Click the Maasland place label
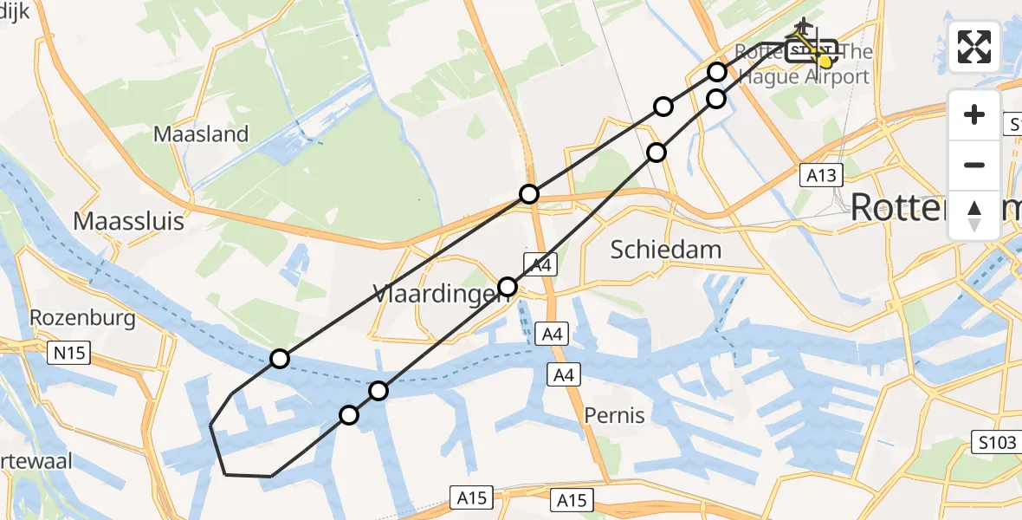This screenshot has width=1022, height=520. tap(201, 134)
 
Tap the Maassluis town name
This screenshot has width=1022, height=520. tap(129, 221)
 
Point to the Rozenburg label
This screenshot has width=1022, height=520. tap(82, 318)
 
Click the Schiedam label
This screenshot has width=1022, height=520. tap(666, 250)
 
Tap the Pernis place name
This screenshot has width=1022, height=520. tap(614, 415)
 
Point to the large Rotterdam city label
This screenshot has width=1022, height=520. tap(931, 208)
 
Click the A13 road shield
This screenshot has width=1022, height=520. tap(820, 176)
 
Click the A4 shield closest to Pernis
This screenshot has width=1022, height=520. tap(564, 374)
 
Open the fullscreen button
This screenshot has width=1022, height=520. tap(974, 47)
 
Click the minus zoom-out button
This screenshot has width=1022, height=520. tap(974, 165)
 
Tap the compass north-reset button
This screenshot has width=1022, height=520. tap(974, 215)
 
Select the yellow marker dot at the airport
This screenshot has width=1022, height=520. tap(825, 62)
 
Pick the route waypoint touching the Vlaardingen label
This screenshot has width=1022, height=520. tap(508, 287)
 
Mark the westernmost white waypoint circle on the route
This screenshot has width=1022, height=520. tap(279, 358)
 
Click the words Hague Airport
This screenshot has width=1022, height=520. tap(803, 77)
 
